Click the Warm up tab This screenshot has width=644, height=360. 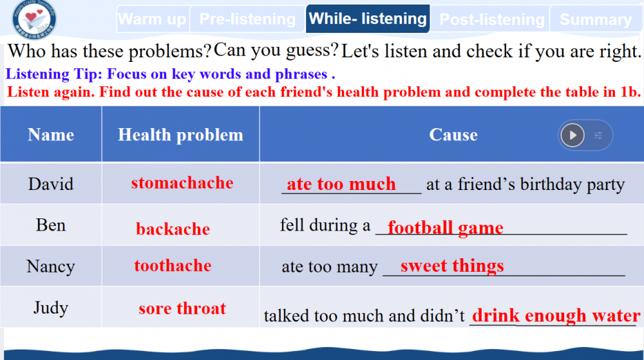tap(153, 19)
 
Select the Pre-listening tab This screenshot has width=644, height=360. tap(247, 19)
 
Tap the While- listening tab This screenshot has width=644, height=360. tap(368, 19)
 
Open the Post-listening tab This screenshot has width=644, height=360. tap(491, 19)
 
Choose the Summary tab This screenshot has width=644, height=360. tap(596, 19)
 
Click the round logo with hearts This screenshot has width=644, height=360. tap(34, 19)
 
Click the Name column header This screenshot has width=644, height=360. tap(51, 135)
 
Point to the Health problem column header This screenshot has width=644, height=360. tap(180, 135)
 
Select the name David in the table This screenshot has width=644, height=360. tap(50, 184)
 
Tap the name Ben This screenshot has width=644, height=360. tap(50, 225)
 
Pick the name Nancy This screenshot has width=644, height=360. tap(50, 267)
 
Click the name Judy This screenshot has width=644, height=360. tap(50, 308)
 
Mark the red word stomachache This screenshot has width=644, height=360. tap(182, 183)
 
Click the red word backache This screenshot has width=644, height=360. tap(173, 229)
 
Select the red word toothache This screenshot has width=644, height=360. tap(173, 265)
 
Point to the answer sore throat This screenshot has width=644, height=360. tap(182, 308)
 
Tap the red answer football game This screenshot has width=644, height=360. tap(446, 227)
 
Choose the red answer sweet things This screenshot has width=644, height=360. tap(452, 265)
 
